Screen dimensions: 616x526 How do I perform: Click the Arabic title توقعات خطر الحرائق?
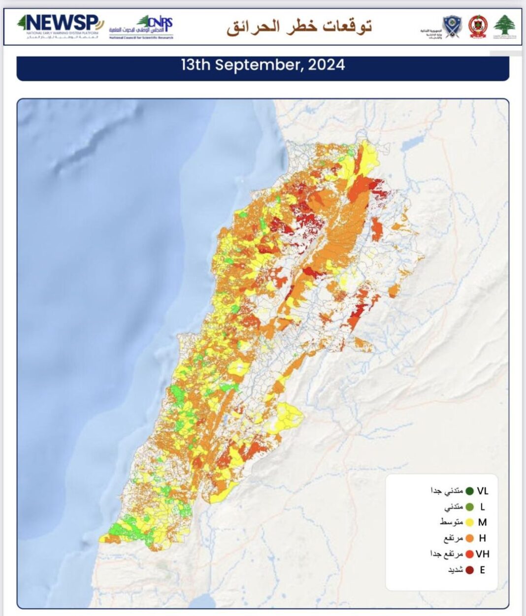coord(299,27)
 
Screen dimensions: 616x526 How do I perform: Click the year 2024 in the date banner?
coord(327,65)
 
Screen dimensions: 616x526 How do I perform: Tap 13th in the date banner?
coord(196,65)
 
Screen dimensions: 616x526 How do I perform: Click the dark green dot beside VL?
coord(469,491)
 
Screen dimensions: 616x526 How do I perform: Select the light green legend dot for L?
coord(469,507)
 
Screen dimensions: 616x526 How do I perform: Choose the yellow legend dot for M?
coord(469,522)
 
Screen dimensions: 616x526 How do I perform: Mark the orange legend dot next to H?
coord(469,538)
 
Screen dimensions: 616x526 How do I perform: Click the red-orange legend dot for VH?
coord(469,554)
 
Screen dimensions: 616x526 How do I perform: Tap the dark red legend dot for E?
coord(469,570)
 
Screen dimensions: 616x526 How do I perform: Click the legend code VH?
coord(483,554)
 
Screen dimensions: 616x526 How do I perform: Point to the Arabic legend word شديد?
coord(456,570)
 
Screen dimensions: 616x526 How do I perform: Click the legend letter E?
coord(483,570)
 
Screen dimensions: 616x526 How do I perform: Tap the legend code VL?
coord(483,491)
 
